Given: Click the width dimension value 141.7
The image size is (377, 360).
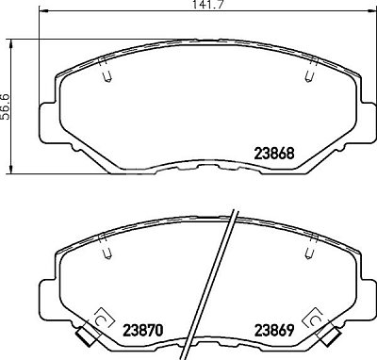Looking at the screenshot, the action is pyautogui.click(x=206, y=4).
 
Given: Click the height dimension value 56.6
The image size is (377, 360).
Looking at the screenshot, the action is pyautogui.click(x=6, y=106).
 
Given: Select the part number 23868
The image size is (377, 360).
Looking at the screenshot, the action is pyautogui.click(x=274, y=154).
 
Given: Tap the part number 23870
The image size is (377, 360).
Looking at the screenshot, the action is pyautogui.click(x=143, y=330).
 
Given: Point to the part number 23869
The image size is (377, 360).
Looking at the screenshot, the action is pyautogui.click(x=274, y=330).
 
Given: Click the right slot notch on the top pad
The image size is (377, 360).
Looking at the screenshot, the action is pyautogui.click(x=311, y=71).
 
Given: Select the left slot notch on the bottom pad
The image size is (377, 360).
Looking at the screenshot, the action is pyautogui.click(x=106, y=247).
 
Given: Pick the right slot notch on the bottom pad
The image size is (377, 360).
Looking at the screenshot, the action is pyautogui.click(x=311, y=247).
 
